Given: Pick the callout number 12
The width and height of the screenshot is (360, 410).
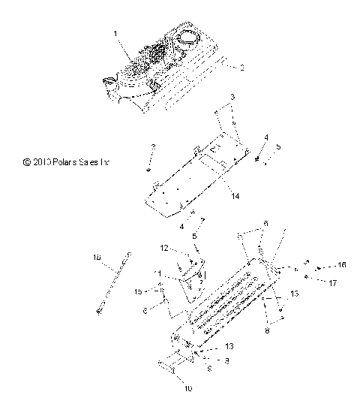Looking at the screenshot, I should tap(163, 248).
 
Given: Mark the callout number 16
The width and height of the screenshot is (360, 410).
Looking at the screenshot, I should tap(341, 265).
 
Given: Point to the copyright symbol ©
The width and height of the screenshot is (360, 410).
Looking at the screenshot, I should tap(26, 160).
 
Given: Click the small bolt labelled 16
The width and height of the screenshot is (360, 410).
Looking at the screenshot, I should tap(319, 267).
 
